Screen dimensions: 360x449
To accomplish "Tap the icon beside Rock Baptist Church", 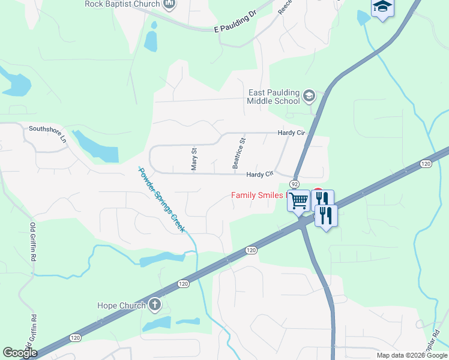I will [169, 4].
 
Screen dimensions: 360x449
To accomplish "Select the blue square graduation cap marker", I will [382, 7].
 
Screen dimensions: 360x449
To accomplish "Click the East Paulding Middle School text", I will [274, 97].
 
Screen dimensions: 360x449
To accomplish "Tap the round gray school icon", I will [309, 95].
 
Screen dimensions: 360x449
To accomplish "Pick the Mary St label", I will [194, 159].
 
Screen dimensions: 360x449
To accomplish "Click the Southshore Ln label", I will [48, 133].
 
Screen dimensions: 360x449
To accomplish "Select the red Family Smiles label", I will [257, 195].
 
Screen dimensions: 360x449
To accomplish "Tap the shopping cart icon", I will [298, 200].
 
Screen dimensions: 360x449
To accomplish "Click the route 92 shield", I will [294, 183].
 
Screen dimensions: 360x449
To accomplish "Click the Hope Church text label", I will [121, 305].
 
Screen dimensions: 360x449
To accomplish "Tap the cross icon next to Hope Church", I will [155, 305].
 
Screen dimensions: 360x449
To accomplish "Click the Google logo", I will [20, 353].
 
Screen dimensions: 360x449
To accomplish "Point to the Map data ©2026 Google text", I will [411, 355].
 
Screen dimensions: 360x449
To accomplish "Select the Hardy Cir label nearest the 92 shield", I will [259, 174].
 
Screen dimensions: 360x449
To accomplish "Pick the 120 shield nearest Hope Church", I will [184, 283].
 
